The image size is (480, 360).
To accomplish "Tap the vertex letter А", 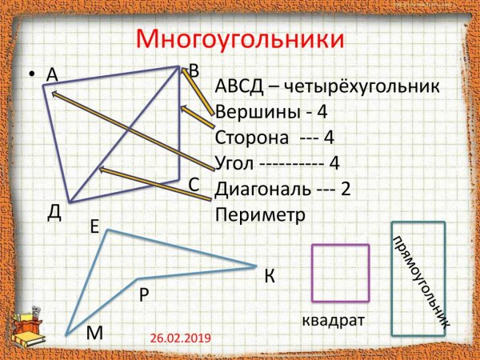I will pos(53,75).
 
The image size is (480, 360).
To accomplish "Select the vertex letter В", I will pos(194,70).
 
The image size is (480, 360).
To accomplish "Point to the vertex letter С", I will pos(194,185).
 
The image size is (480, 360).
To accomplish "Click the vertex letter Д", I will pos(54,211).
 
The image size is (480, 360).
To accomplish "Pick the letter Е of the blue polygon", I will pos(94,227).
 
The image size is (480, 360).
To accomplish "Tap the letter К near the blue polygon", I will pos(270,277).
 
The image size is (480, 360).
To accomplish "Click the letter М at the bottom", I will pos(95,333).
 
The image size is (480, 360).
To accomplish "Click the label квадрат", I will pos(333,321).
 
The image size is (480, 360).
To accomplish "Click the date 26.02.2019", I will pos(180,338).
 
